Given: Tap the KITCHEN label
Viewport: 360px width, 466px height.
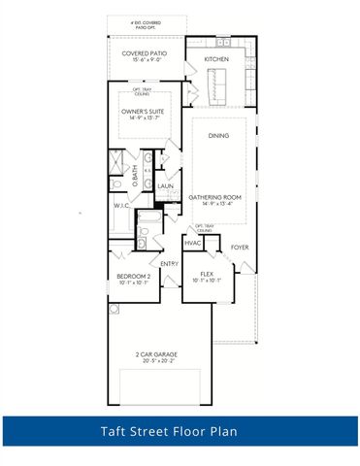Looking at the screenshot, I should pyautogui.click(x=216, y=60).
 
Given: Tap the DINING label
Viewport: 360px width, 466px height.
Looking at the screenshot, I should pyautogui.click(x=218, y=135).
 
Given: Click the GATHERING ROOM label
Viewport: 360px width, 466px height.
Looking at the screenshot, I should pyautogui.click(x=221, y=195).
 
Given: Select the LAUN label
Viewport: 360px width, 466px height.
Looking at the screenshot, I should pyautogui.click(x=165, y=185).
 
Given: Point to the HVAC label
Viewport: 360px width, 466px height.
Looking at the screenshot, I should pyautogui.click(x=192, y=243).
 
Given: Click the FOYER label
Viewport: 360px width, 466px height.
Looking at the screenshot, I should pyautogui.click(x=239, y=248).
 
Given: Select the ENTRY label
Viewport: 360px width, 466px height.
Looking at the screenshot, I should pyautogui.click(x=170, y=263).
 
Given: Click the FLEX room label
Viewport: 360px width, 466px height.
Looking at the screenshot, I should pyautogui.click(x=206, y=274).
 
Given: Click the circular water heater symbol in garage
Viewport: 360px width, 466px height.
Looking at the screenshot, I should pyautogui.click(x=114, y=309).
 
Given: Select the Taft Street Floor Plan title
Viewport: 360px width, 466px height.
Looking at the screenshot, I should pyautogui.click(x=180, y=430).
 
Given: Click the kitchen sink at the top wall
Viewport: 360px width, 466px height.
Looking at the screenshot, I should pyautogui.click(x=224, y=44).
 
